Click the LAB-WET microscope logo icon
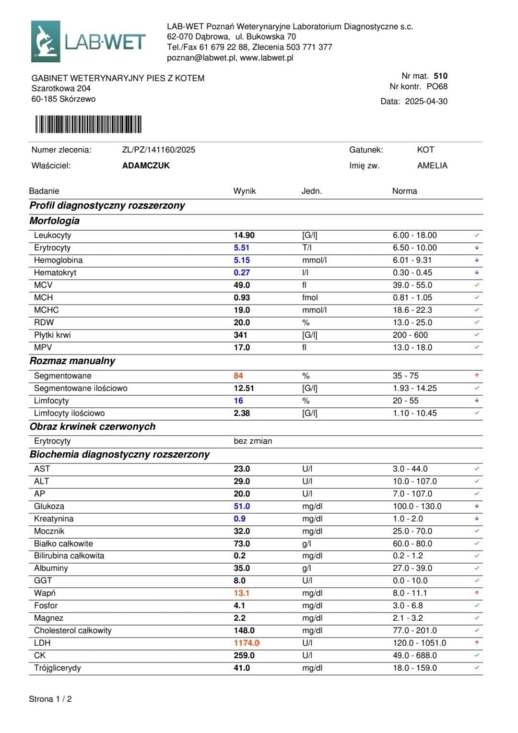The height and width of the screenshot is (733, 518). coord(46,41)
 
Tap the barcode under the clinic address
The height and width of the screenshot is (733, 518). coord(88,124)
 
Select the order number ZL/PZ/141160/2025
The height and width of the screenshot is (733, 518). coord(158,150)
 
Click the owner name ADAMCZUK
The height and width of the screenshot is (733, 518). coord(146,166)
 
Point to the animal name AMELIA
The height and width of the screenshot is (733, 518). coord(432,166)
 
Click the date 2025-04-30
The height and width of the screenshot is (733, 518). coord(426,101)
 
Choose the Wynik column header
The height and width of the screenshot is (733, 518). coord(244,191)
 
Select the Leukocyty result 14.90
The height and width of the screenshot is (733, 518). coord(244,235)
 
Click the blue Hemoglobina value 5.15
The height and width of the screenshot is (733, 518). coord(241,260)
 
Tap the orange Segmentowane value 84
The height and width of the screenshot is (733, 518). coord(238,376)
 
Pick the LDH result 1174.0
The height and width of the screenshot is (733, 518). coord(246,643)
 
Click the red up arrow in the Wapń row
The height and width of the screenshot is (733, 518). coord(477,593)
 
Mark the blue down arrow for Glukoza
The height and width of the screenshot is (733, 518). coord(477,506)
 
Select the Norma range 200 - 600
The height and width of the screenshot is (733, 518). coord(410,335)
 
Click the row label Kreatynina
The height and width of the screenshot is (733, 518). coord(53,519)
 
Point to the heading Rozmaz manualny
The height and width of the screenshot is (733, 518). coord(72,361)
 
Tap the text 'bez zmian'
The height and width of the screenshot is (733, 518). coord(252,441)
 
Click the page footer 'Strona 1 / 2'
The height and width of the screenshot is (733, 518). coord(50,699)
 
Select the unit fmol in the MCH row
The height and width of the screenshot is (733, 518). coord(310,297)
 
